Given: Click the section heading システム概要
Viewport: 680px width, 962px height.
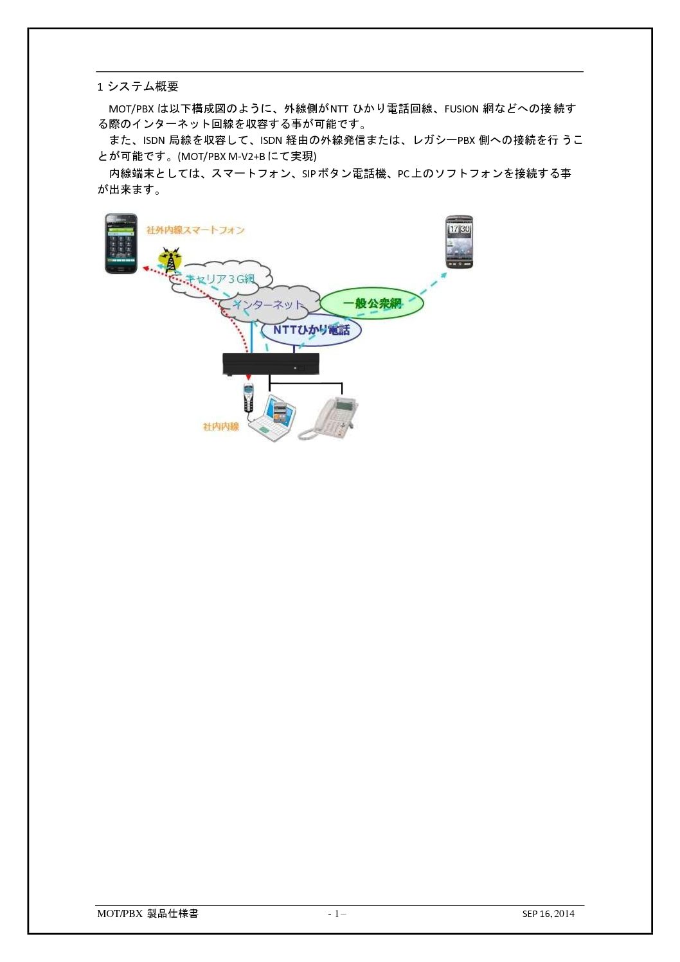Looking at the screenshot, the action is pyautogui.click(x=143, y=87).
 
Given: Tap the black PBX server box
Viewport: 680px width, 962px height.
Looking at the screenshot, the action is pyautogui.click(x=271, y=364).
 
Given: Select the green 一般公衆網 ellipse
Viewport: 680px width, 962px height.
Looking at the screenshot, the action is pyautogui.click(x=372, y=303).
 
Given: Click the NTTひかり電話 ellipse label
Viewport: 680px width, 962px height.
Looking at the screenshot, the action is pyautogui.click(x=312, y=330).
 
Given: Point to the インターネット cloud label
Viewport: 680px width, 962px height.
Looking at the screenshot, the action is pyautogui.click(x=268, y=305).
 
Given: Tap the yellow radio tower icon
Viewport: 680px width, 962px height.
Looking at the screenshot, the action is pyautogui.click(x=170, y=260).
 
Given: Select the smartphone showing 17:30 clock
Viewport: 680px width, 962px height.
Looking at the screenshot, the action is pyautogui.click(x=459, y=242).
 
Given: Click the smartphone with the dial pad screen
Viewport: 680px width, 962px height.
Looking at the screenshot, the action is pyautogui.click(x=121, y=244).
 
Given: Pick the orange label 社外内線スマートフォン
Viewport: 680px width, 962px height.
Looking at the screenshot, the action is pyautogui.click(x=195, y=230).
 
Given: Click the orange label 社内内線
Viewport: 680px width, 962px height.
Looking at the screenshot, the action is pyautogui.click(x=221, y=427).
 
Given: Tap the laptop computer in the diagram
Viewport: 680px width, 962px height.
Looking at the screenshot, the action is pyautogui.click(x=273, y=418).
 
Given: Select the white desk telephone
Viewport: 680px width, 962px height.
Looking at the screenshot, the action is pyautogui.click(x=328, y=418).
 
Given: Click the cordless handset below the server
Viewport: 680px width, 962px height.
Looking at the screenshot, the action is pyautogui.click(x=248, y=398).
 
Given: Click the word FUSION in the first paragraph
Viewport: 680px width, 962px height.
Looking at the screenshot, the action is pyautogui.click(x=461, y=109).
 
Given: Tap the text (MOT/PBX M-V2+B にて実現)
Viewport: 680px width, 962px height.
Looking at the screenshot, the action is pyautogui.click(x=247, y=156).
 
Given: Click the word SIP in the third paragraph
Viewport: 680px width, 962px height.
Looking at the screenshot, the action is pyautogui.click(x=309, y=174).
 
